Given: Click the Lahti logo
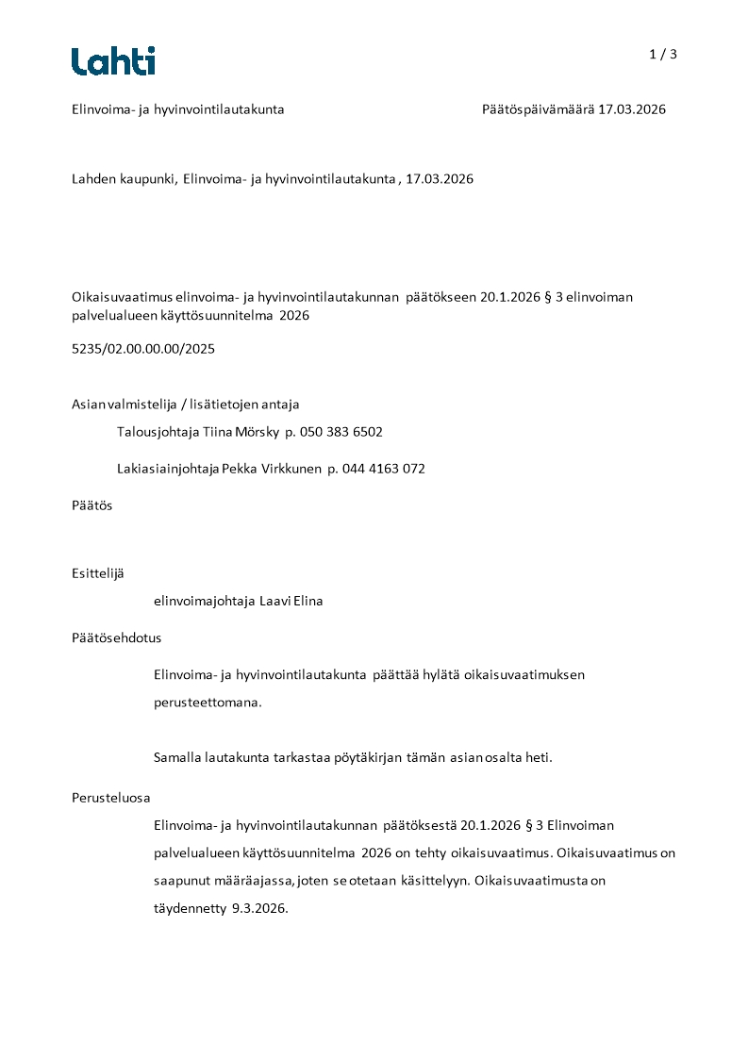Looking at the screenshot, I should (113, 61).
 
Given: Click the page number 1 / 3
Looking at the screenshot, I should (663, 55).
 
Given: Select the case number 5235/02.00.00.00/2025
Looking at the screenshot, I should (143, 349).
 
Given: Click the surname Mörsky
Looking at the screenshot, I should (255, 432).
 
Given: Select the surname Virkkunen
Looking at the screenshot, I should (291, 469).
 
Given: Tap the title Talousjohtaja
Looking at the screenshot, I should (152, 432).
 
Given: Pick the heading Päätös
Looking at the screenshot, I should (91, 505).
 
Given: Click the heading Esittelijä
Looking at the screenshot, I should (97, 573).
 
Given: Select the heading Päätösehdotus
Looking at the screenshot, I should (116, 637).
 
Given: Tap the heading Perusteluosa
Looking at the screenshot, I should (110, 798).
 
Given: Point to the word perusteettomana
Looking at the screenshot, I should (207, 703).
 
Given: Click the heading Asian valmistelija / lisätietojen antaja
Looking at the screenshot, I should (185, 405).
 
